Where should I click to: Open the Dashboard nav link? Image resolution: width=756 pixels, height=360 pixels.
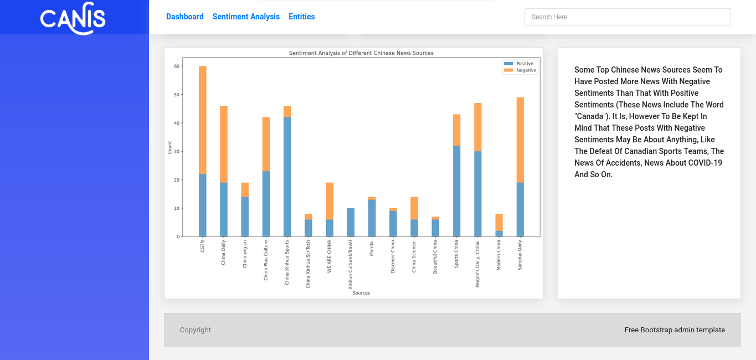(185, 17)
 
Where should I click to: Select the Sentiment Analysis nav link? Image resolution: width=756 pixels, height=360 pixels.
(246, 17)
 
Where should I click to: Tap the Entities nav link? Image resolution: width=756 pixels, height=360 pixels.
(302, 17)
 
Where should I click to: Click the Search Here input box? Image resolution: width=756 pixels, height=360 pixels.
(628, 17)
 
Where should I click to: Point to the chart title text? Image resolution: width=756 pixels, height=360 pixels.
(361, 53)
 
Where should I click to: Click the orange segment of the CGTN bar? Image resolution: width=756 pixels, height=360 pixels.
(203, 120)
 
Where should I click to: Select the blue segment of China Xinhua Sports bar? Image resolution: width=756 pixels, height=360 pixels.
(287, 177)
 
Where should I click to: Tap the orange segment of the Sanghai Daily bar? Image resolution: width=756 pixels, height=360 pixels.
(520, 140)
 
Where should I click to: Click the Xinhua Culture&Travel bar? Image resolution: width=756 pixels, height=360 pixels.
(351, 223)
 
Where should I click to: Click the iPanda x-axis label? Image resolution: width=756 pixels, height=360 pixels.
(372, 248)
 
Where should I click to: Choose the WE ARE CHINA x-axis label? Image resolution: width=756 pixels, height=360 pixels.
(330, 256)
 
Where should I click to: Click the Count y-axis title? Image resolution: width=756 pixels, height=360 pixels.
(170, 147)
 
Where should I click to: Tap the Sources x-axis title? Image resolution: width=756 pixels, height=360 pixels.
(361, 293)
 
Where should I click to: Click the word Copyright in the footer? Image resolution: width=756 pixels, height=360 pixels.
(196, 330)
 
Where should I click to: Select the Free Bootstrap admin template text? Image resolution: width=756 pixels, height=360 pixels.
(675, 330)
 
